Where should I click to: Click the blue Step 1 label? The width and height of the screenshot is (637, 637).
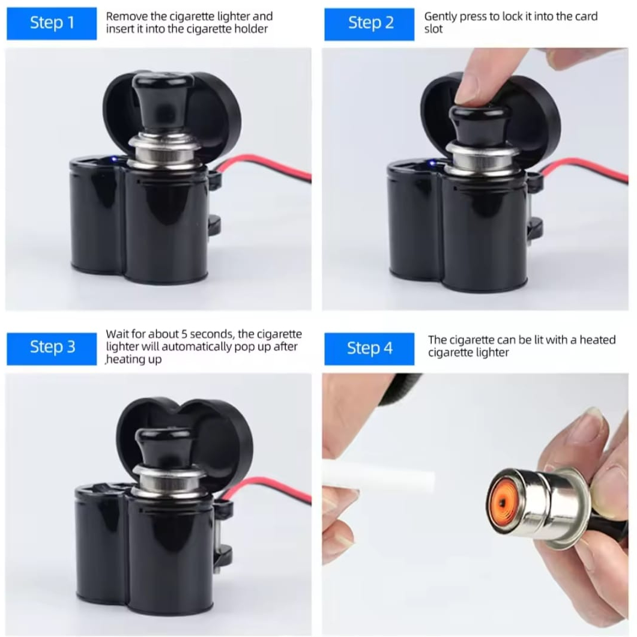52,23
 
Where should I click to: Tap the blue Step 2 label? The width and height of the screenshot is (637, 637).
369,24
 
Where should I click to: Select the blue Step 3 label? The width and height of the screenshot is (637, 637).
52,349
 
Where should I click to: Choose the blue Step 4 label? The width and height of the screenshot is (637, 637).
369,349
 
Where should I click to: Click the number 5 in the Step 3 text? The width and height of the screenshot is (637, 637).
184,334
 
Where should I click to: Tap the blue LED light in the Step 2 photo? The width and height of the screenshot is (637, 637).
432,163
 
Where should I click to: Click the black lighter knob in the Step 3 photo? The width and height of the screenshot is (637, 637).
168,447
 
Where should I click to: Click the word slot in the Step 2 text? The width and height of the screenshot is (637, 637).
433,29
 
